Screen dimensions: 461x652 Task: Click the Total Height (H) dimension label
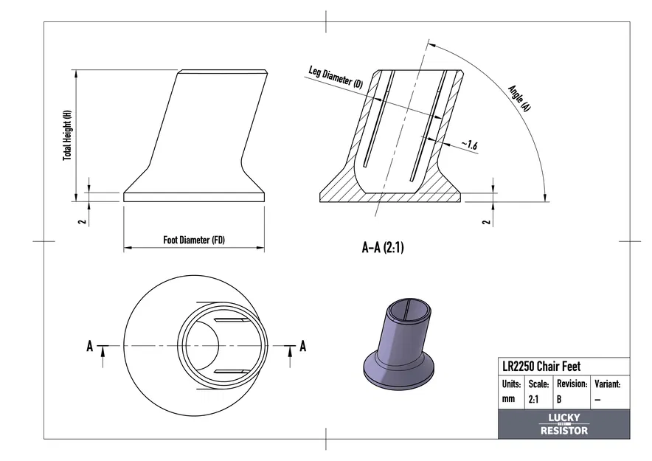click(67, 136)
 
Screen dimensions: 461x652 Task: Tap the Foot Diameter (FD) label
click(194, 240)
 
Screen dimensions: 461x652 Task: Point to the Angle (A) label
click(519, 97)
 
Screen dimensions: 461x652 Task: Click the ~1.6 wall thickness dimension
click(469, 145)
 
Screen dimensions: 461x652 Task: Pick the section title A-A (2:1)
click(383, 248)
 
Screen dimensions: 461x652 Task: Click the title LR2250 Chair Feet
click(541, 367)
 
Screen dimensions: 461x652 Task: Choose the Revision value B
click(559, 399)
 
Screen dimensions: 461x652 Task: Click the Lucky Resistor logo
click(564, 424)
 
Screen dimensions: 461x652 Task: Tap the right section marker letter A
click(302, 346)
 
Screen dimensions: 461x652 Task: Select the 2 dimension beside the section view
click(485, 221)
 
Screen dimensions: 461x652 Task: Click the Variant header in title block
click(608, 384)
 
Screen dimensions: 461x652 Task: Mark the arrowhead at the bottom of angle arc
click(545, 196)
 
